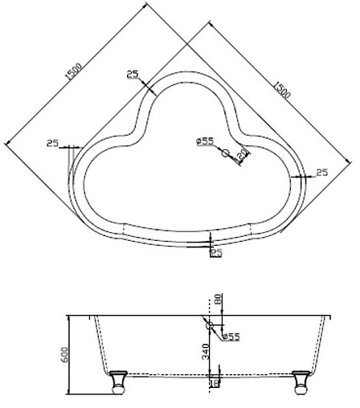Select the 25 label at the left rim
tap(53, 143)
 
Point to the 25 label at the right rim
tap(322, 172)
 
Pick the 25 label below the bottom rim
tap(216, 252)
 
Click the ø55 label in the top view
tap(204, 141)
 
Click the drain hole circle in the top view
tap(226, 153)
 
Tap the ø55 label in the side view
tap(231, 337)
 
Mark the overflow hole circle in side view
tap(211, 325)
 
